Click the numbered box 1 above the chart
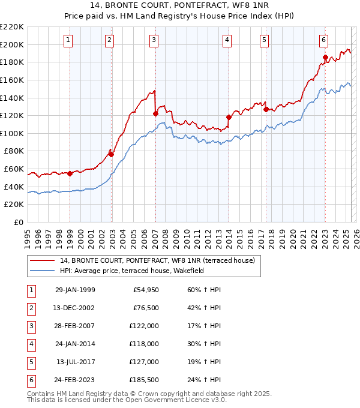point(68,40)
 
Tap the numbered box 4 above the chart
point(227,40)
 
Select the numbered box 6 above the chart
point(323,40)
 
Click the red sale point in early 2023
point(325,58)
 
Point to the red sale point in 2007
point(155,113)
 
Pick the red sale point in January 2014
point(229,117)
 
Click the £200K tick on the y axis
point(12,44)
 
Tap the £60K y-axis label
point(14,169)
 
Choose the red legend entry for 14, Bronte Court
point(157,260)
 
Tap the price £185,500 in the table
point(144,380)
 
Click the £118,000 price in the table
point(144,344)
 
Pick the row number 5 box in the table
point(31,362)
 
